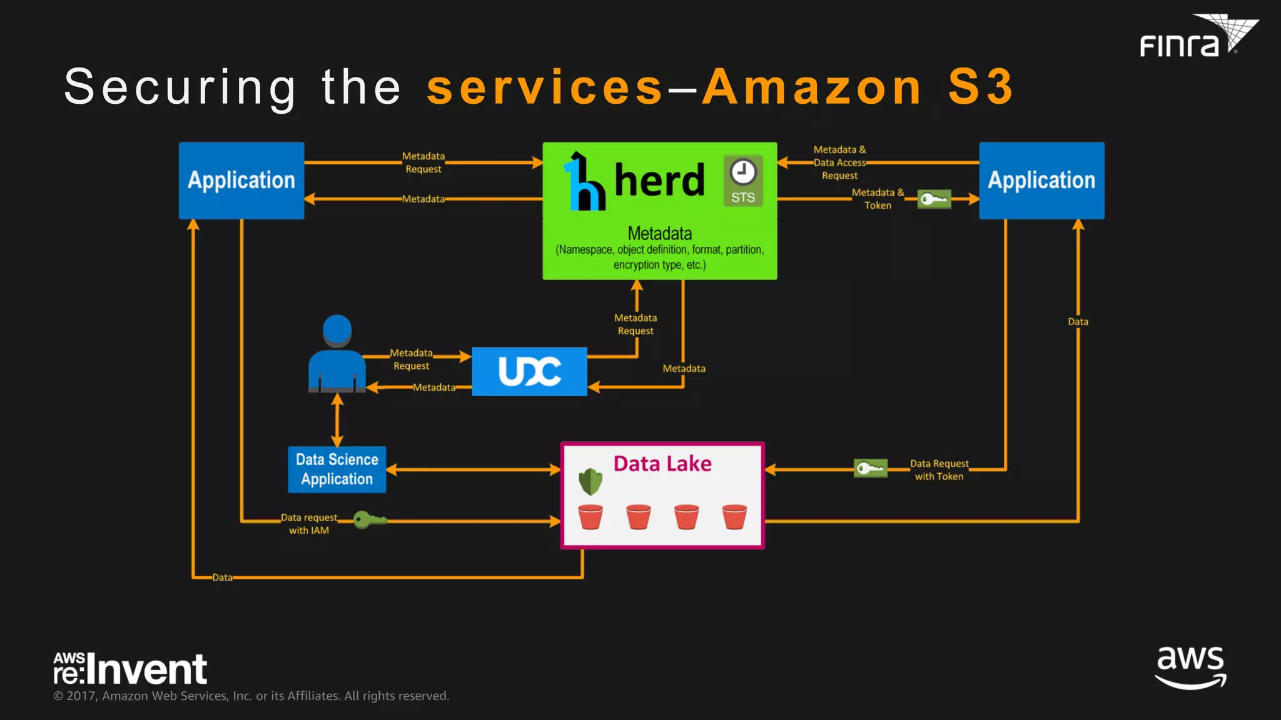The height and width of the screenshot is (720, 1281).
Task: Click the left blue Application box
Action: tap(241, 180)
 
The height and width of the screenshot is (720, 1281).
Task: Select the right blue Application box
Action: tap(1041, 180)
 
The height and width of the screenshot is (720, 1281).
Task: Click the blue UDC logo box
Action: tap(529, 371)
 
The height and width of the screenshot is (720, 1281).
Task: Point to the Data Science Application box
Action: tap(337, 469)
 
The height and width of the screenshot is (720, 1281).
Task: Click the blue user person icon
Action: tap(337, 354)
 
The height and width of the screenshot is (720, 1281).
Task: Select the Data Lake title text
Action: tap(662, 464)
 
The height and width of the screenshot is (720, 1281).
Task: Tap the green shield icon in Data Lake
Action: tap(590, 481)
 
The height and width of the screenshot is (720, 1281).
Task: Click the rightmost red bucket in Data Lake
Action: tap(734, 517)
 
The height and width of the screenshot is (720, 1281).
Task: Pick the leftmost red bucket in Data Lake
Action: tap(590, 517)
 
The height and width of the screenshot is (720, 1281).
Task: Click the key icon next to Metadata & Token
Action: tap(934, 199)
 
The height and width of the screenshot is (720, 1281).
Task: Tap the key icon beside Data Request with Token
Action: tap(871, 468)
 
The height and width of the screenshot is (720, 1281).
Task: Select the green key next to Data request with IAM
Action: tap(369, 519)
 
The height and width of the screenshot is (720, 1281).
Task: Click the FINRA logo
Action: tap(1198, 37)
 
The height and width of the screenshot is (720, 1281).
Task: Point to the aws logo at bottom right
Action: tap(1190, 667)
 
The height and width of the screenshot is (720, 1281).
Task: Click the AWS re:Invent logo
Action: tap(130, 668)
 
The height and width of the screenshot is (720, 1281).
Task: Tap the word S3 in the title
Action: tap(980, 87)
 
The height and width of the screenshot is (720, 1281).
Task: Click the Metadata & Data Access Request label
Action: tap(839, 162)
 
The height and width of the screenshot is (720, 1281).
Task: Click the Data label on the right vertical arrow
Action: tap(1078, 322)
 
